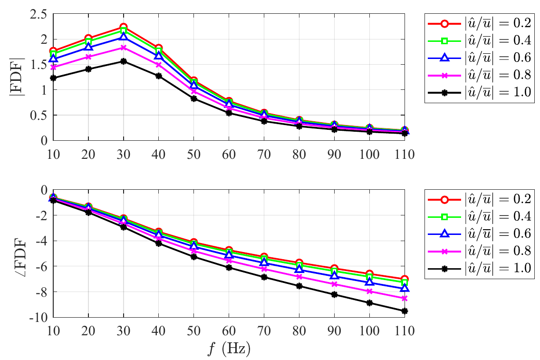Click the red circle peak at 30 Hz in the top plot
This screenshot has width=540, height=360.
124,28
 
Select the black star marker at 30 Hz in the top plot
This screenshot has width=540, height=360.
124,61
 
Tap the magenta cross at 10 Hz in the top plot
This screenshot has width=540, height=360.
53,67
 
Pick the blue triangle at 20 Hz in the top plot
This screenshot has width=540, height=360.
88,47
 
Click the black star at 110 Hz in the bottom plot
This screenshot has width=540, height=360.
405,311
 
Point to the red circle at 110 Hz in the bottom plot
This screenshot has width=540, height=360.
405,280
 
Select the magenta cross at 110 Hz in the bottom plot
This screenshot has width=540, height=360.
405,298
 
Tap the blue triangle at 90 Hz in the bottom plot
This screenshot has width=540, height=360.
334,276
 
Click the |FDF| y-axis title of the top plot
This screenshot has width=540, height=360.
18,77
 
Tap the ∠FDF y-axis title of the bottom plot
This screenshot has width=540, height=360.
18,253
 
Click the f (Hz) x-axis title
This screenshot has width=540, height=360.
229,349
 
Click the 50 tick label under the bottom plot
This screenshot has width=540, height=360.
193,329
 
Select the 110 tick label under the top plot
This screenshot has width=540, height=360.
405,153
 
